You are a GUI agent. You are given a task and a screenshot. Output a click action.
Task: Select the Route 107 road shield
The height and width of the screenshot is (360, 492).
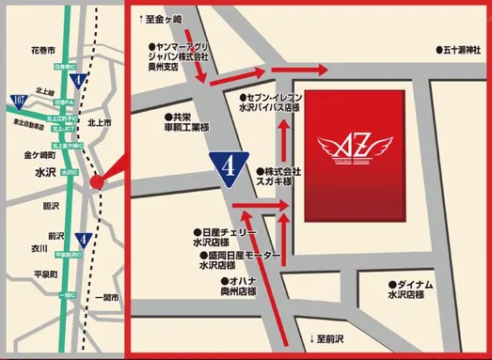[18, 98]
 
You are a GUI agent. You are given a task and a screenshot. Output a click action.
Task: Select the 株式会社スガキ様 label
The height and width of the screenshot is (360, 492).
[281, 178]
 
